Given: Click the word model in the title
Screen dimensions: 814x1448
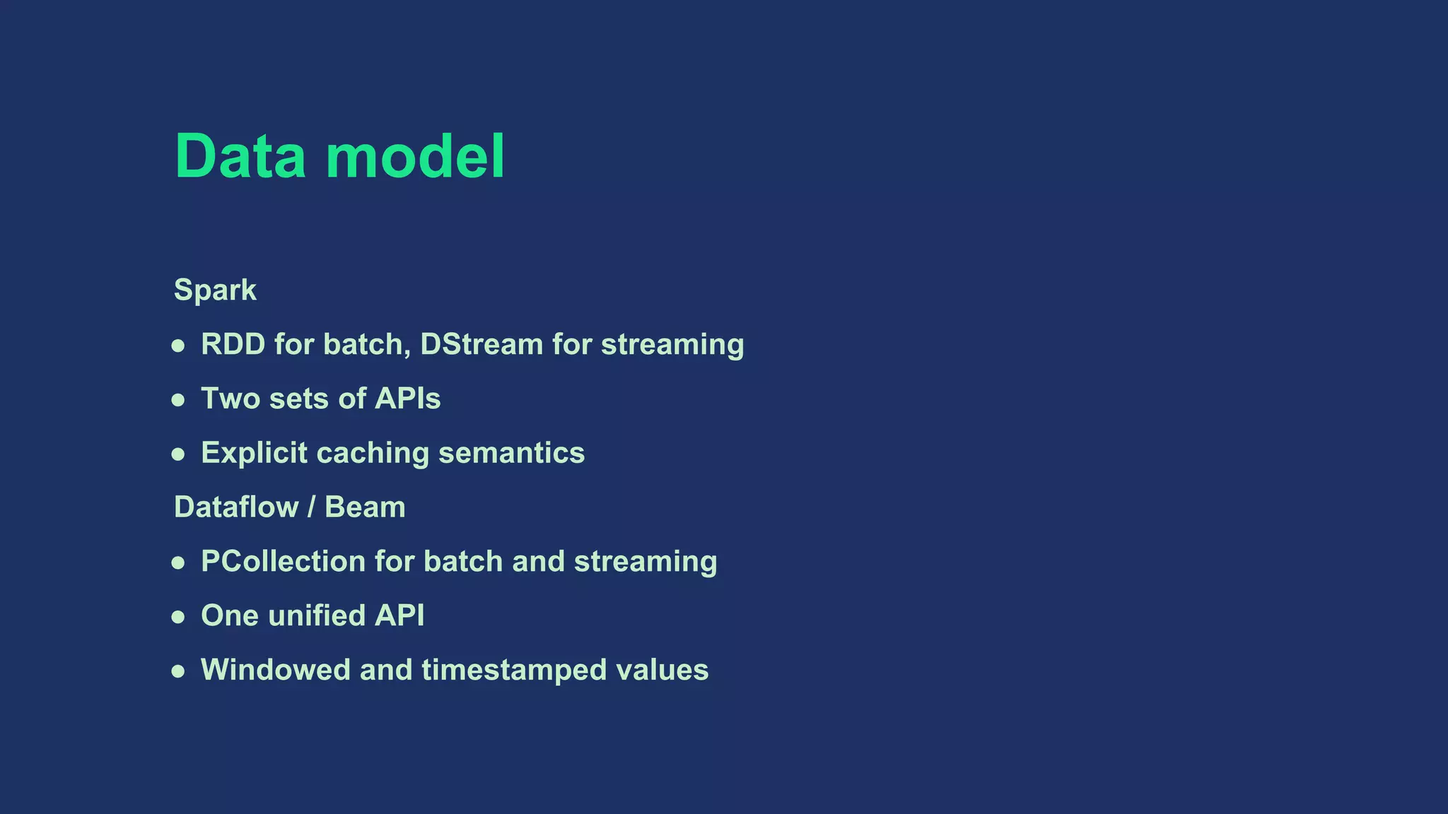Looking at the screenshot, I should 415,156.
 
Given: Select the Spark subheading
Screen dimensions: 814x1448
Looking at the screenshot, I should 215,290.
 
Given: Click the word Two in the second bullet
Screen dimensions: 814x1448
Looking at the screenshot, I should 230,399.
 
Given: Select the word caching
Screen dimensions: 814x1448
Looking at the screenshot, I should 373,454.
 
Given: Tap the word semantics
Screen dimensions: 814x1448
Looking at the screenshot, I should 511,454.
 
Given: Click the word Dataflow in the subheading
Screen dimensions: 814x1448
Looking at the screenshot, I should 236,507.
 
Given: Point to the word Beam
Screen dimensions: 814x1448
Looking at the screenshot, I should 365,507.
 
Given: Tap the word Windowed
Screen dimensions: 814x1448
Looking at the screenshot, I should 276,670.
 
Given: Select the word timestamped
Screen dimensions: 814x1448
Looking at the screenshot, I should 514,670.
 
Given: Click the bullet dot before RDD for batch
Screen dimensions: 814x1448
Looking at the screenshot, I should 178,346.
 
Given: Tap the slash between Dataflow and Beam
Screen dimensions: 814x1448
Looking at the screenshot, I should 312,507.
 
